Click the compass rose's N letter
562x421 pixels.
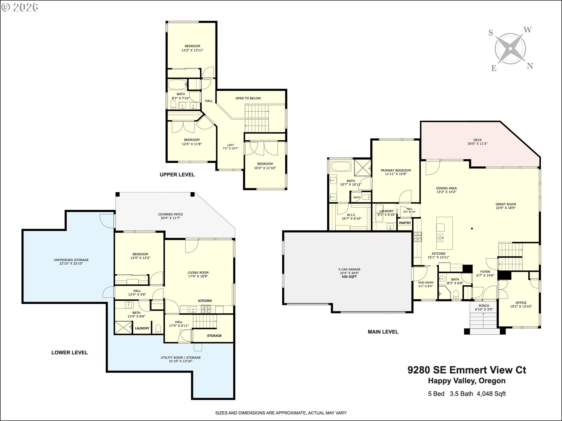tap(530, 66)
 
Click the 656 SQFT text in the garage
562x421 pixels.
tap(349, 277)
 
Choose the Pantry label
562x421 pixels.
tap(405, 223)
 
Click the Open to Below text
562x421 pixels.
tap(248, 98)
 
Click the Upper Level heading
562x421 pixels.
tap(177, 175)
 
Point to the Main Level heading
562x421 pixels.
tap(383, 332)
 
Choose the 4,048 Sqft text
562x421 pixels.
tap(491, 394)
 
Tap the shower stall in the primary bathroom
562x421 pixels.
tap(362, 168)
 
